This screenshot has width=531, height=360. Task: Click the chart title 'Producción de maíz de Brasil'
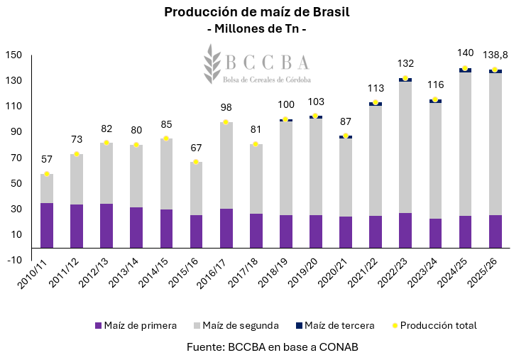coord(257,12)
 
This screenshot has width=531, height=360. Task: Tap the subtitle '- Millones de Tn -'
coord(256,30)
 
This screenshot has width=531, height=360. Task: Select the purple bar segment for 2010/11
coord(47,225)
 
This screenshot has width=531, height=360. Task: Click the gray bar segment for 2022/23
coord(405,147)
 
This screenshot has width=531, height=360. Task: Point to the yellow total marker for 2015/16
coord(197,162)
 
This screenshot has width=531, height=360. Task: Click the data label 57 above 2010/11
coord(47,159)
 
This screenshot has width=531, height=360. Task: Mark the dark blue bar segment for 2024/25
coord(465,70)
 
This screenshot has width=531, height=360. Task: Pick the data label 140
coord(465,53)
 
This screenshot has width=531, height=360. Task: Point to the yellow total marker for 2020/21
coord(346,136)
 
